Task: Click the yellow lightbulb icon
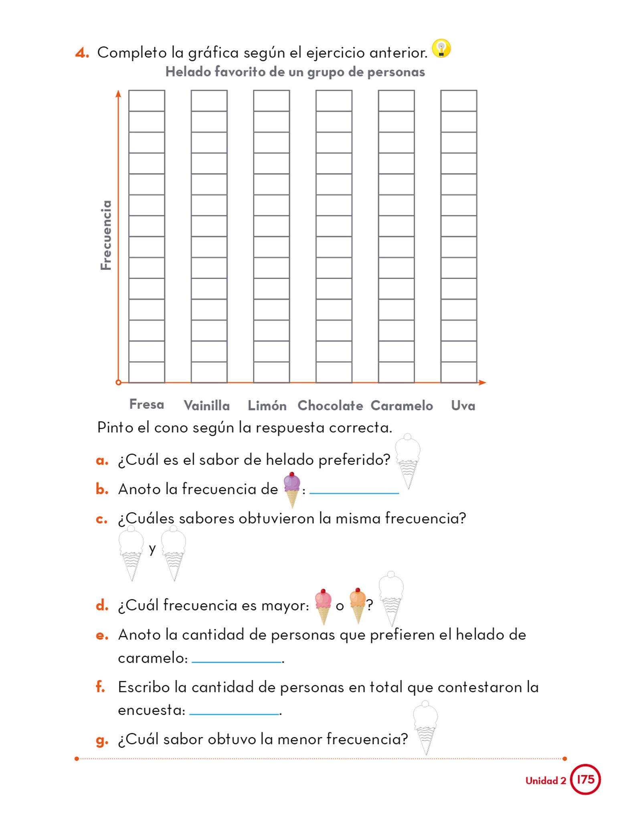click(x=441, y=49)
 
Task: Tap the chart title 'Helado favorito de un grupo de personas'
click(x=295, y=72)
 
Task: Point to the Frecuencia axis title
click(x=106, y=235)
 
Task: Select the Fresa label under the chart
click(x=147, y=404)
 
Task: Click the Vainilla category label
click(x=207, y=406)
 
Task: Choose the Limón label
click(x=267, y=406)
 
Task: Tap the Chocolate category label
click(x=330, y=406)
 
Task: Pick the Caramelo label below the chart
click(x=402, y=406)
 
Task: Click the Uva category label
click(x=463, y=406)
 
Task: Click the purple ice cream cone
click(x=291, y=489)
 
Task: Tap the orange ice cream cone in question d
click(x=358, y=605)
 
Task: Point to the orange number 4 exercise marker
click(x=82, y=53)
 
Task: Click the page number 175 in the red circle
click(x=585, y=779)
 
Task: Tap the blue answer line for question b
click(x=354, y=493)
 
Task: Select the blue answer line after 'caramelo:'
click(x=237, y=662)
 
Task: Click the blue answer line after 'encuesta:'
click(x=234, y=714)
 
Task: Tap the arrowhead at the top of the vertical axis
click(x=118, y=94)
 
